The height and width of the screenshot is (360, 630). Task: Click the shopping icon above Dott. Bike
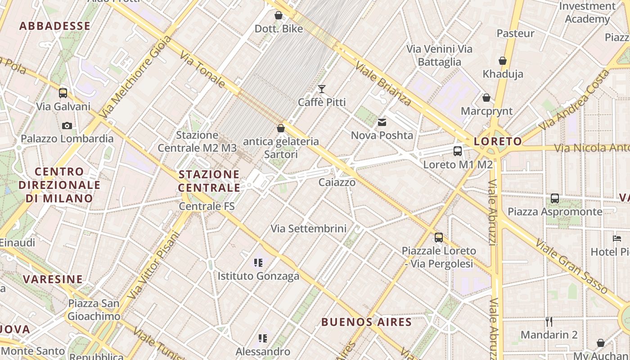point(279,16)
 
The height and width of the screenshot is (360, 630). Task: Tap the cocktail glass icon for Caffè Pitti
point(322,89)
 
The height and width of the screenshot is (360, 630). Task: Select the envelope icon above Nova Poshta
point(382,122)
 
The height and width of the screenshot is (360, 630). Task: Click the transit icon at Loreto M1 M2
point(458,151)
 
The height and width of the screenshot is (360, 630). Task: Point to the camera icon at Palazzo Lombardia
point(67,126)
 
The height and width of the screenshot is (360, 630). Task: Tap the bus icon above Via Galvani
point(63,93)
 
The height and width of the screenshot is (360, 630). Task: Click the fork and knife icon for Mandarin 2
point(549,321)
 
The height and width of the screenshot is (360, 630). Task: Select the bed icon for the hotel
point(617,238)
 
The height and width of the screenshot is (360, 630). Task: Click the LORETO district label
point(498,142)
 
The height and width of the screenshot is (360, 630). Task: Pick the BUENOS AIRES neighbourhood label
point(366,322)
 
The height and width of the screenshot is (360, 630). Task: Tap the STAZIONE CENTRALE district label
point(209,181)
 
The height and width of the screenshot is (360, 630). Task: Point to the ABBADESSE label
point(55,26)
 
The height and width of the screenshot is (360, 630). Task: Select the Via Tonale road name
point(202,69)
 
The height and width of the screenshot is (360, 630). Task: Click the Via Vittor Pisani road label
point(153,265)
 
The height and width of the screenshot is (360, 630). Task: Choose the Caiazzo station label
point(337,182)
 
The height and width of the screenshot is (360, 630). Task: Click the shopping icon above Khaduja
point(503,61)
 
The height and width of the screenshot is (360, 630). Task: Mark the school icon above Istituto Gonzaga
point(258,262)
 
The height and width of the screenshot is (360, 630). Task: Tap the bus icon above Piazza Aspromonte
point(555,198)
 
